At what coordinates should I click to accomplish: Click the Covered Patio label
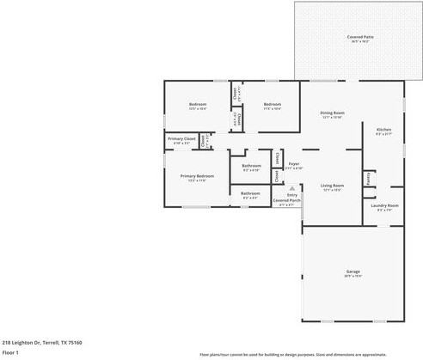[359, 37]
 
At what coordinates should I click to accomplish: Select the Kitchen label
[383, 129]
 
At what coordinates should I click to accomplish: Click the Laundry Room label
[384, 205]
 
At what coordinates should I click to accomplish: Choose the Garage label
[352, 271]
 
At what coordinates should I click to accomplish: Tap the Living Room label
[332, 186]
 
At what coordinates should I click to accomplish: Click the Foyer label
[294, 163]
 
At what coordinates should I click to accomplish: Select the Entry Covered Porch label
[286, 197]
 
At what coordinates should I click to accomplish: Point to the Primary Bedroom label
[197, 175]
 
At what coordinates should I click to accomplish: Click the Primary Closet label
[181, 138]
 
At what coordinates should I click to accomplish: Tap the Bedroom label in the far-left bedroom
[197, 104]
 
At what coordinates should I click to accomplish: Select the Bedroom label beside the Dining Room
[272, 104]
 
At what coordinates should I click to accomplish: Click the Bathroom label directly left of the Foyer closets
[251, 165]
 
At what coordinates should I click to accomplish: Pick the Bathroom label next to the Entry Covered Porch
[249, 193]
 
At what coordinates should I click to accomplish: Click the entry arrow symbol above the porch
[291, 186]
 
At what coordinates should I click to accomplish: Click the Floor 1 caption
[10, 352]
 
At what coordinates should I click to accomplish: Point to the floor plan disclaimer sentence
[304, 354]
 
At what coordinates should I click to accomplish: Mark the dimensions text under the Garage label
[352, 276]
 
